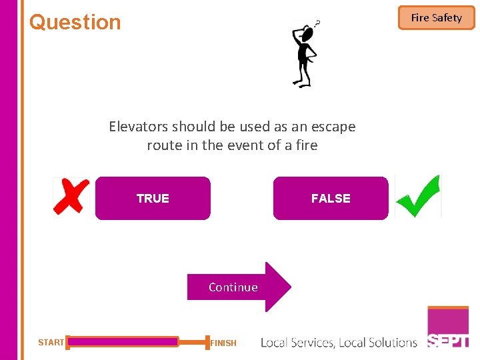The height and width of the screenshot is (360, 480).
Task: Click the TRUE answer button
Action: tap(153, 198)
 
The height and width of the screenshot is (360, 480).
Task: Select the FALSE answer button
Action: tap(331, 198)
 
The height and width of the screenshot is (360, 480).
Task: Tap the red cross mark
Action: tap(71, 196)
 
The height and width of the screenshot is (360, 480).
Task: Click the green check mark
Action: tap(418, 196)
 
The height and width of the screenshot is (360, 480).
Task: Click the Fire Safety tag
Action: tap(436, 18)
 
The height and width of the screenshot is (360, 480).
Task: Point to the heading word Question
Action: tap(75, 22)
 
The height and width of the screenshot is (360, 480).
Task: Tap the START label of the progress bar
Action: tap(51, 343)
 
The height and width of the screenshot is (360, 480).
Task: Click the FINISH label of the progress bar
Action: tap(223, 343)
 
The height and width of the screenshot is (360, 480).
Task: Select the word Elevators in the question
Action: tap(139, 127)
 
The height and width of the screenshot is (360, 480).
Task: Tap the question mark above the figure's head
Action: tap(317, 23)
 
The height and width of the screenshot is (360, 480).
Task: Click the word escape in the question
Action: tap(333, 127)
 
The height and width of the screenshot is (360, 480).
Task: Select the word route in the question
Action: tap(164, 145)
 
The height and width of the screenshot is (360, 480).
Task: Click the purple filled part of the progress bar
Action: tap(123, 342)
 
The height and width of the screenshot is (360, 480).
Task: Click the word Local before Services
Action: tap(275, 343)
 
